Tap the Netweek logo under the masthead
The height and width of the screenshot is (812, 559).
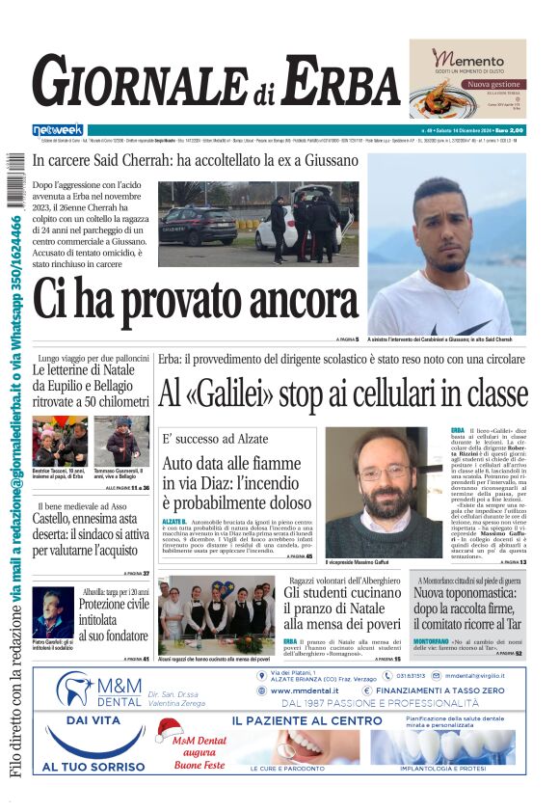pyautogui.click(x=58, y=130)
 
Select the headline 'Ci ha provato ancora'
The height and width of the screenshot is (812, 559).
pyautogui.click(x=182, y=299)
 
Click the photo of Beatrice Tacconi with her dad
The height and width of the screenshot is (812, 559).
pyautogui.click(x=59, y=442)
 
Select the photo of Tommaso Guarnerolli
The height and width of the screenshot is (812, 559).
pyautogui.click(x=122, y=442)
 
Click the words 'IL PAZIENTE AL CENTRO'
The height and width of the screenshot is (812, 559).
pyautogui.click(x=306, y=720)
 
